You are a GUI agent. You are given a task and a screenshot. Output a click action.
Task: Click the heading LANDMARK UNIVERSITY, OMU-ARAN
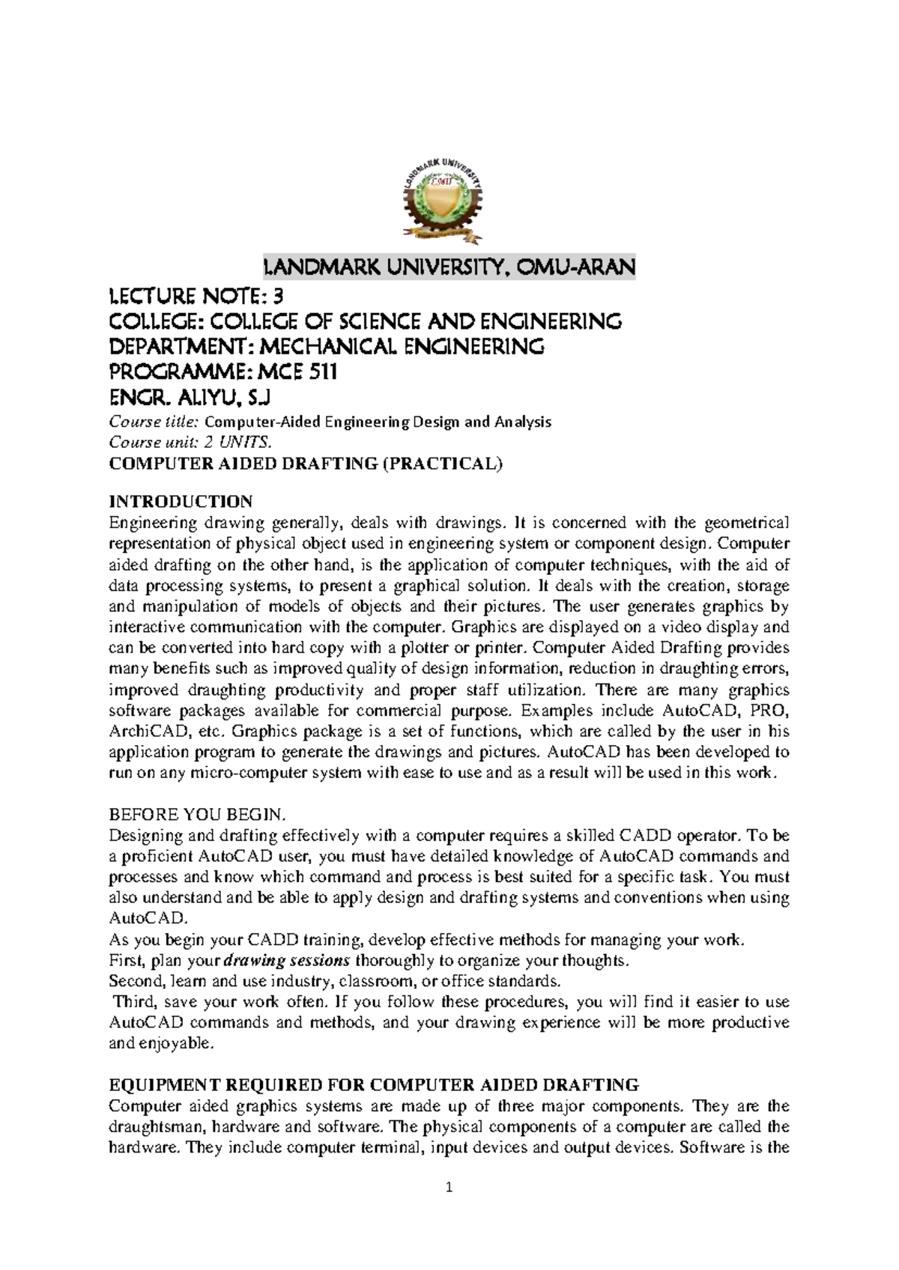pos(448,267)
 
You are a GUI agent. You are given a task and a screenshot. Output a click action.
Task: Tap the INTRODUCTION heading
pos(181,501)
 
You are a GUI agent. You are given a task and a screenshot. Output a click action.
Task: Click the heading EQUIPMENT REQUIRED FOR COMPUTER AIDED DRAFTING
pos(374,1084)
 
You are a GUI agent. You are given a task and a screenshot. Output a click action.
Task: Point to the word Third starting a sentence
pos(133,1002)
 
